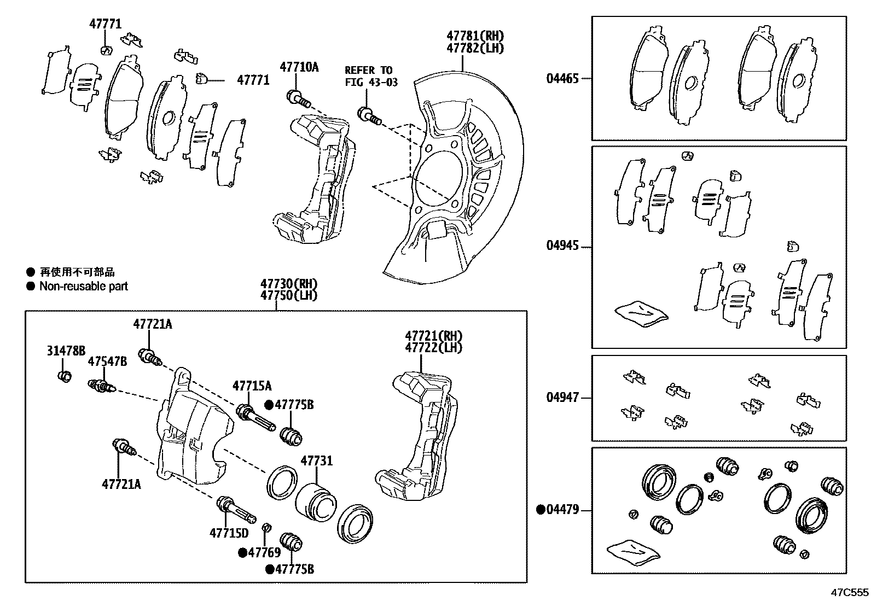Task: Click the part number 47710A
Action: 299,67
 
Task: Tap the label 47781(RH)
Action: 475,36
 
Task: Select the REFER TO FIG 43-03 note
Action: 370,76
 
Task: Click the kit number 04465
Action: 562,78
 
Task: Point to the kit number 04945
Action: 562,246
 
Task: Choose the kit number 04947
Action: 562,398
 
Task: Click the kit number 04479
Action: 562,510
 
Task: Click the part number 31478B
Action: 66,351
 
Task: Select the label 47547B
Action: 107,361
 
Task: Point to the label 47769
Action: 264,552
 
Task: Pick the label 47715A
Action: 252,386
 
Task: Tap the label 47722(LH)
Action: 433,347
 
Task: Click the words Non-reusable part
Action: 83,286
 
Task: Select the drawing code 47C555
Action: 850,592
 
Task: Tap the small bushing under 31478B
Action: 65,376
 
